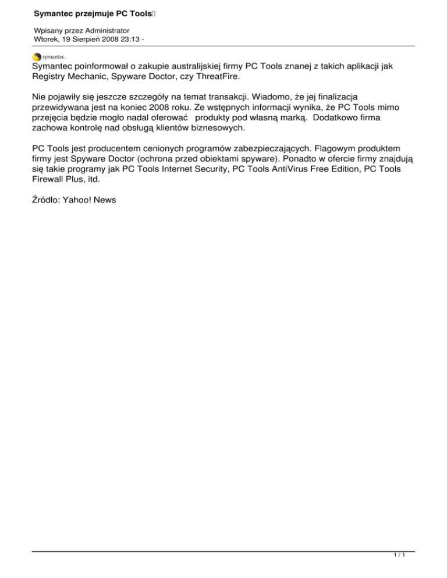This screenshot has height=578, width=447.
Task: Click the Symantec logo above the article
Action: pyautogui.click(x=49, y=57)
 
